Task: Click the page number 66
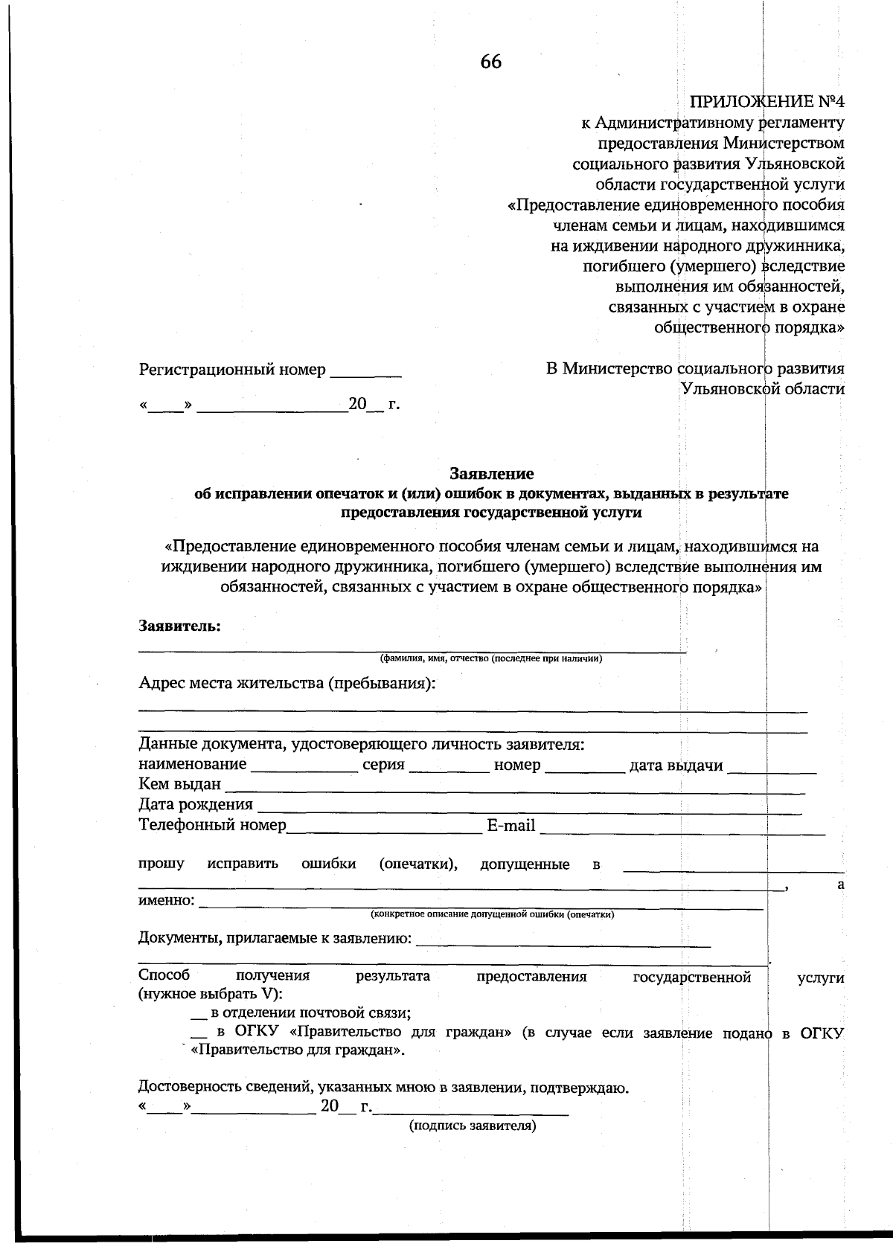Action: coord(490,62)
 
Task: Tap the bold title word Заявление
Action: coord(491,473)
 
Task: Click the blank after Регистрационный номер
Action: coord(365,373)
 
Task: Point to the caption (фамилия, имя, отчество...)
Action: coord(490,658)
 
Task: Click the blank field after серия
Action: coord(449,769)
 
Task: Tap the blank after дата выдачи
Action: coord(772,769)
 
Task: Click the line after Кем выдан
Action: coord(513,789)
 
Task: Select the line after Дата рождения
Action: coord(528,809)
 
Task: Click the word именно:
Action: coord(167,901)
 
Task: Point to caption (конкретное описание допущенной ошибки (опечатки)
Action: coord(492,914)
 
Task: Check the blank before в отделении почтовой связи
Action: coord(198,1015)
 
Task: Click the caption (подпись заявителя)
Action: coord(472,1126)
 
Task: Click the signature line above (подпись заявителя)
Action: coord(470,1111)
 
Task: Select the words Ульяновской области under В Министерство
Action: coord(763,388)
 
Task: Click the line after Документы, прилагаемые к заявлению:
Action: coord(563,943)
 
